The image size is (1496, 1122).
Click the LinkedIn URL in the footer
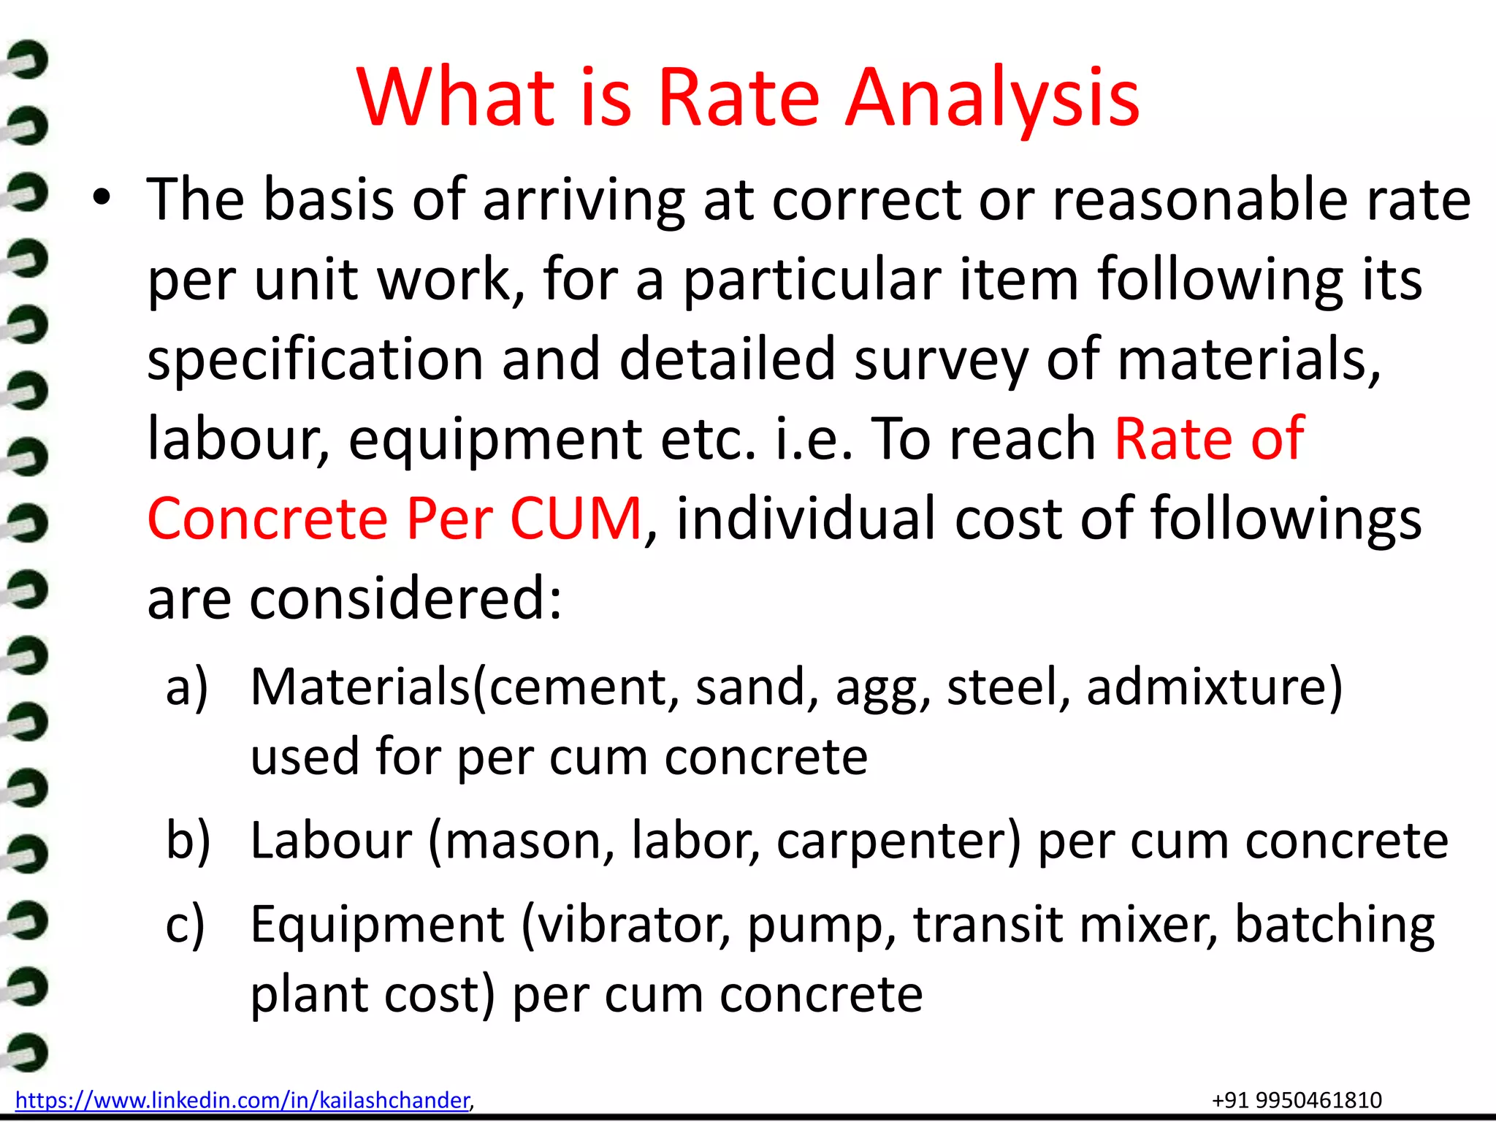coord(242,1100)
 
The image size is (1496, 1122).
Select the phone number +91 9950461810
coord(1297,1100)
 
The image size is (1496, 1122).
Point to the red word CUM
coord(576,519)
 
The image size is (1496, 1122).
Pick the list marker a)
coord(187,687)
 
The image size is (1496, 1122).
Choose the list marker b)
coord(188,840)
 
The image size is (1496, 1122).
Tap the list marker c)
coord(186,925)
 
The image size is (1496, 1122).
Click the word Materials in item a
coord(361,687)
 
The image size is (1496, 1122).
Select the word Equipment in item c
coord(377,925)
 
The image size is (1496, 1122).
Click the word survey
coord(942,360)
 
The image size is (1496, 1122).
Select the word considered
coord(405,598)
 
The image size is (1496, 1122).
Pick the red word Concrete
coord(267,519)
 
